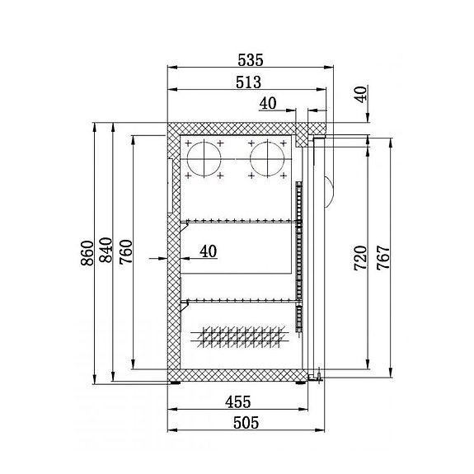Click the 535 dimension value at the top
250,59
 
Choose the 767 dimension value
381,258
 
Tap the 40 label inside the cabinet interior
208,251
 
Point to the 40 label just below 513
268,103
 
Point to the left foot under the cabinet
176,382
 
